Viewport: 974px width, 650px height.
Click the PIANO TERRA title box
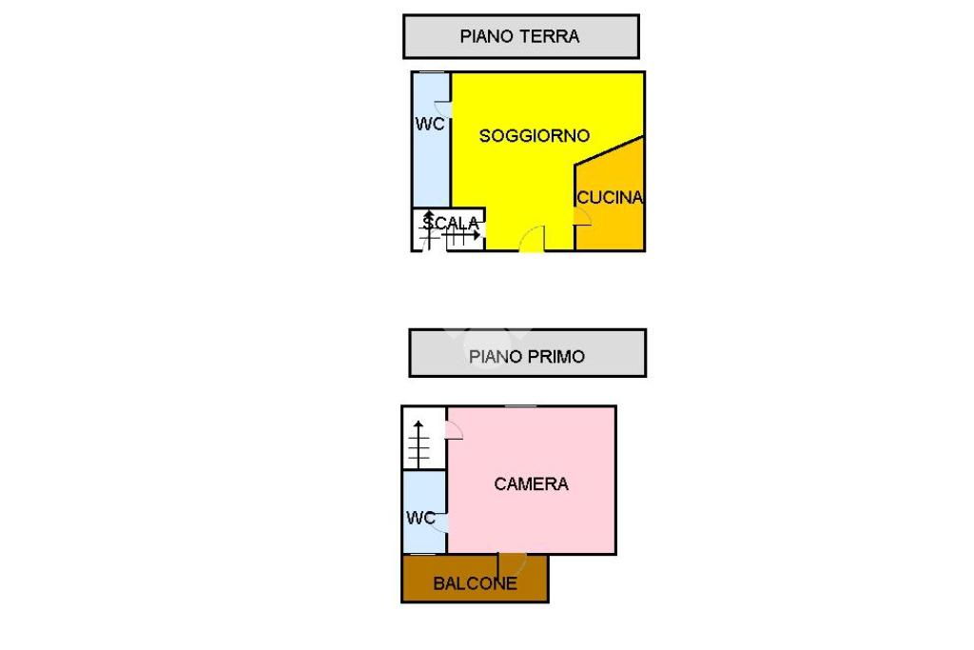click(x=520, y=37)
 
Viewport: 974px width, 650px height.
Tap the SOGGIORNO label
click(x=535, y=136)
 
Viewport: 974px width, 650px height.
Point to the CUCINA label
click(x=610, y=198)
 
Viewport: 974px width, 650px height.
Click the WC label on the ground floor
click(x=429, y=125)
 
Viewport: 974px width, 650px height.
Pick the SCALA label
click(x=451, y=224)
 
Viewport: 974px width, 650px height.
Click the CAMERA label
click(x=531, y=484)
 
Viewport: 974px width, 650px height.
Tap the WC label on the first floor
click(x=420, y=519)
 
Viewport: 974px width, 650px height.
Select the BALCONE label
click(x=475, y=583)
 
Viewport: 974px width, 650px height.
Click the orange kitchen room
click(x=614, y=228)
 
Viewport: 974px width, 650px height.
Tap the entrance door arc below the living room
click(x=533, y=240)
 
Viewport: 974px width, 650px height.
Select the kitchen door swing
click(x=582, y=217)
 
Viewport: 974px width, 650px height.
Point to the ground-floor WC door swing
click(x=442, y=109)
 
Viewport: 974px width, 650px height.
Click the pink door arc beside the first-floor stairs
click(x=454, y=430)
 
